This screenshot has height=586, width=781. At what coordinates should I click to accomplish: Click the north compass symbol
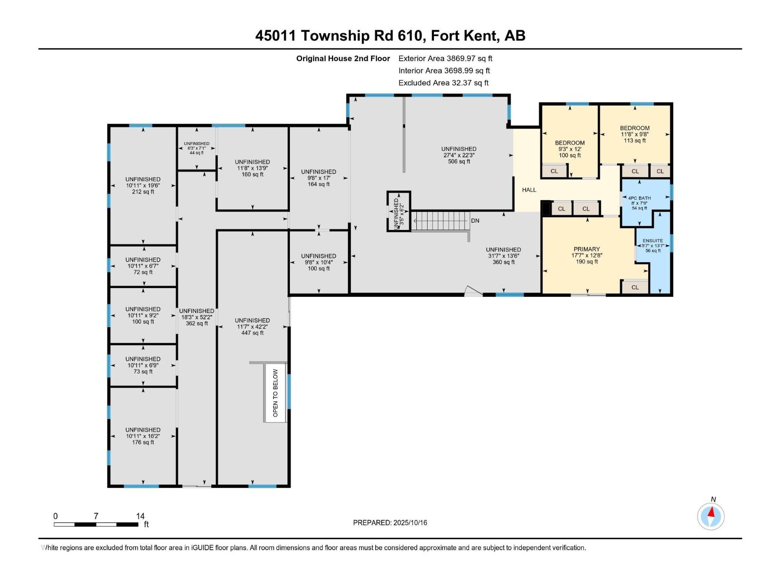[711, 516]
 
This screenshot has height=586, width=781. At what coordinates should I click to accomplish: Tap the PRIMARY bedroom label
[586, 249]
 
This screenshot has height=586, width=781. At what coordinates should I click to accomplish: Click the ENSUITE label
[653, 241]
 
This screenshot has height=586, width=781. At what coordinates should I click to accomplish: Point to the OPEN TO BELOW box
[275, 393]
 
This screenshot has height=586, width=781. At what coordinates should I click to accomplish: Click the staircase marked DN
[441, 221]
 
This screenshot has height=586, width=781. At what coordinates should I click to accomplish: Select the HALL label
[529, 189]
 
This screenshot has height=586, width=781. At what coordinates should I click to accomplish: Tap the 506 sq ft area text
[459, 161]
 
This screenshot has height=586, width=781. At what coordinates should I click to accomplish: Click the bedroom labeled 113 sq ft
[635, 134]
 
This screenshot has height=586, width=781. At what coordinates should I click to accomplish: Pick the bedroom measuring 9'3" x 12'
[569, 149]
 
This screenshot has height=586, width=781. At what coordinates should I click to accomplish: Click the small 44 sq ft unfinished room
[196, 148]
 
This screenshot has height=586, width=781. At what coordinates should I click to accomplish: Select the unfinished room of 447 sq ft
[252, 326]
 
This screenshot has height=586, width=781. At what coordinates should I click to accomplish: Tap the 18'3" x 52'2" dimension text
[196, 317]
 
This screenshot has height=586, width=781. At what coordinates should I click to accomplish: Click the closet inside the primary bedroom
[635, 287]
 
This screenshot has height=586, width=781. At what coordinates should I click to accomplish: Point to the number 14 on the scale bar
[140, 516]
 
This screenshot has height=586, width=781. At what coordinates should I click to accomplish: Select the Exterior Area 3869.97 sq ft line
[445, 58]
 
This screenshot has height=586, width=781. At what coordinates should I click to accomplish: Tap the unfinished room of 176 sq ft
[143, 436]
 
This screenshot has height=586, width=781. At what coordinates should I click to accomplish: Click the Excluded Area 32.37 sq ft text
[443, 83]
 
